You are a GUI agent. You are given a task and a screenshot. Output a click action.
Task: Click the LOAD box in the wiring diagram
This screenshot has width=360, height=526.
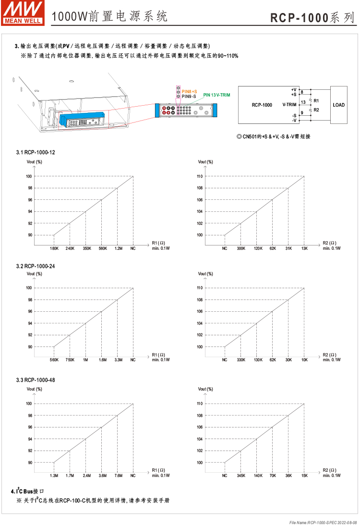tap(338, 105)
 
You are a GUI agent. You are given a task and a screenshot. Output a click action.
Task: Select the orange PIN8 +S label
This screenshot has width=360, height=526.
tap(189, 91)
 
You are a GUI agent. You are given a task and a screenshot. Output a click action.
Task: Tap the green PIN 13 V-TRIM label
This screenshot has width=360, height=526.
tap(216, 95)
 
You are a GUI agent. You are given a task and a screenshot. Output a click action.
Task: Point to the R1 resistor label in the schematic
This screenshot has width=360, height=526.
tap(316, 101)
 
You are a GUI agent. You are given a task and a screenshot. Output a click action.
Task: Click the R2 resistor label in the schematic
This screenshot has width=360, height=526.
tap(316, 110)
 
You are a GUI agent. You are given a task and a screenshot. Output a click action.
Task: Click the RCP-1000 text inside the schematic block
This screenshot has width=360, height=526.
tap(262, 105)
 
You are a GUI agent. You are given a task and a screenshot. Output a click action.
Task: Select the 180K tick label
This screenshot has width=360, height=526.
tap(54, 248)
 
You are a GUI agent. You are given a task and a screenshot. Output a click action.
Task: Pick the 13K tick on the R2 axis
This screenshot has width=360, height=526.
tap(304, 248)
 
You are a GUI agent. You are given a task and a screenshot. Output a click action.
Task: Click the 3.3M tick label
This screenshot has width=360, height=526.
tap(117, 360)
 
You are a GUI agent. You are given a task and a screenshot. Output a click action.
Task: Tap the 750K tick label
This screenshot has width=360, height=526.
tap(70, 360)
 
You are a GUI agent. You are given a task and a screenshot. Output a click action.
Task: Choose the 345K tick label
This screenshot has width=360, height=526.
tap(240, 476)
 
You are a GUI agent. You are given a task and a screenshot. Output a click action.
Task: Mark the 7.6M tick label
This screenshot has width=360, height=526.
tap(117, 476)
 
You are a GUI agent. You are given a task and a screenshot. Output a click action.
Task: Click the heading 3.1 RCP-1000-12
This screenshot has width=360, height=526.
tap(36, 152)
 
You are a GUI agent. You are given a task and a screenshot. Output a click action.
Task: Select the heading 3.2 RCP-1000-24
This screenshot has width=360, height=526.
tap(36, 266)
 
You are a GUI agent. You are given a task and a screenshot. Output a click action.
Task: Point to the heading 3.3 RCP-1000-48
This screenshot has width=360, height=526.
tap(36, 380)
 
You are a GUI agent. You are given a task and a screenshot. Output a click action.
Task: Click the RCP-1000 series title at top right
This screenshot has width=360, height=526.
tap(313, 18)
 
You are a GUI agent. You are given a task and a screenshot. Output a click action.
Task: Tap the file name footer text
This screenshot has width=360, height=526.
tap(323, 522)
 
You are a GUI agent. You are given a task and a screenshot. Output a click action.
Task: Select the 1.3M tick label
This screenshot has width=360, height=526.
tap(54, 476)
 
